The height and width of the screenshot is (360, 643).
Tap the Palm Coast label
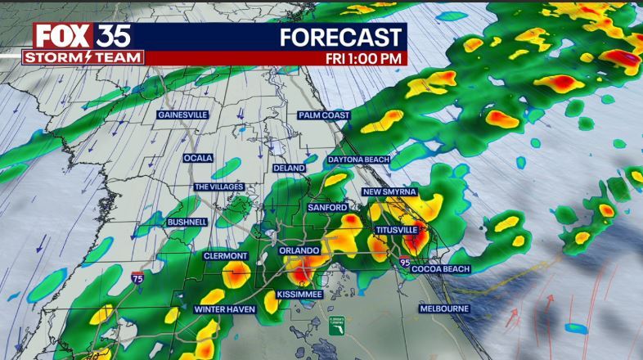coord(323,115)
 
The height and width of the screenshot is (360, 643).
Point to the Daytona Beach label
coord(359,159)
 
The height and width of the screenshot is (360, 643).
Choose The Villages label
coord(218,187)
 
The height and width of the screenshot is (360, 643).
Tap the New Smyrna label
coord(390,191)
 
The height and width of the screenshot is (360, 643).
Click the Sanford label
coord(327,209)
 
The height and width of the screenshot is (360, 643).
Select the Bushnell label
coord(187,222)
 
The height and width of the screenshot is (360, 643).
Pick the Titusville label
coord(397,231)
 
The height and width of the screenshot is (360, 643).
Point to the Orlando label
coord(297,250)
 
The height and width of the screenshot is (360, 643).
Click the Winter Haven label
coord(225,310)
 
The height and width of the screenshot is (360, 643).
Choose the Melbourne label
coord(443,308)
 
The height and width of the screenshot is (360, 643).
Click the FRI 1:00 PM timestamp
coord(364,58)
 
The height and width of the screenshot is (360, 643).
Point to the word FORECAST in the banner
coord(342,37)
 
